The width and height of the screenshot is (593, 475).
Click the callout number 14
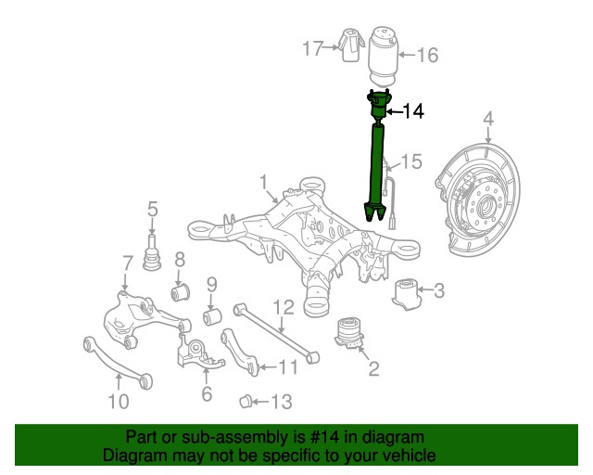(x=412, y=112)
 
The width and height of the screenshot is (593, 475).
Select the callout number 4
(x=487, y=119)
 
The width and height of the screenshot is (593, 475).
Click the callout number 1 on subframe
(x=263, y=180)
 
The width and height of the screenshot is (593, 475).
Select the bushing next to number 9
(x=212, y=319)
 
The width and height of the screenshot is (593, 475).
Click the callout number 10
(x=118, y=403)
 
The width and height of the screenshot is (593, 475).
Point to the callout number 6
(x=206, y=394)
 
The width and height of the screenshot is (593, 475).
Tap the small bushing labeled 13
(x=246, y=401)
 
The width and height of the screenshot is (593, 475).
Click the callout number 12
(x=283, y=307)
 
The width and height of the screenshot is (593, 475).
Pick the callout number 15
(x=410, y=162)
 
